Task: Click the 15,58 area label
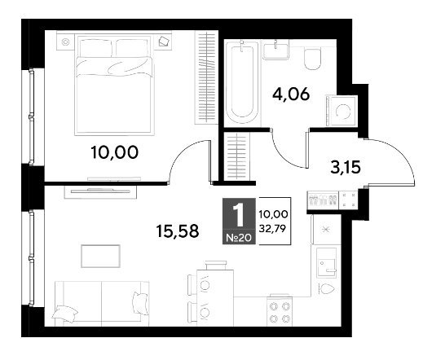[x=178, y=231]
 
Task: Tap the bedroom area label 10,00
[x=114, y=152]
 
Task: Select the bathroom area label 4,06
[x=291, y=94]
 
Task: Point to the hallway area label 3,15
[x=346, y=167]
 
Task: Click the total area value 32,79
[x=272, y=229]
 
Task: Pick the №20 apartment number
[x=239, y=238]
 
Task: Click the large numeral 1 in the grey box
[x=239, y=215]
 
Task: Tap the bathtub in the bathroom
[x=242, y=82]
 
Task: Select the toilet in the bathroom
[x=312, y=59]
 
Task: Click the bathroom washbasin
[x=275, y=50]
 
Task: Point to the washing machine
[x=341, y=111]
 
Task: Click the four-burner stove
[x=280, y=312]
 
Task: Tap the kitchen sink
[x=326, y=263]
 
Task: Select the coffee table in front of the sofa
[x=100, y=256]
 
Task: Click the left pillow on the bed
[x=95, y=48]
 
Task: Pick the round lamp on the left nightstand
[x=65, y=42]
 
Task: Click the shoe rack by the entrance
[x=323, y=200]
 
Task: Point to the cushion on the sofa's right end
[x=140, y=304]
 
